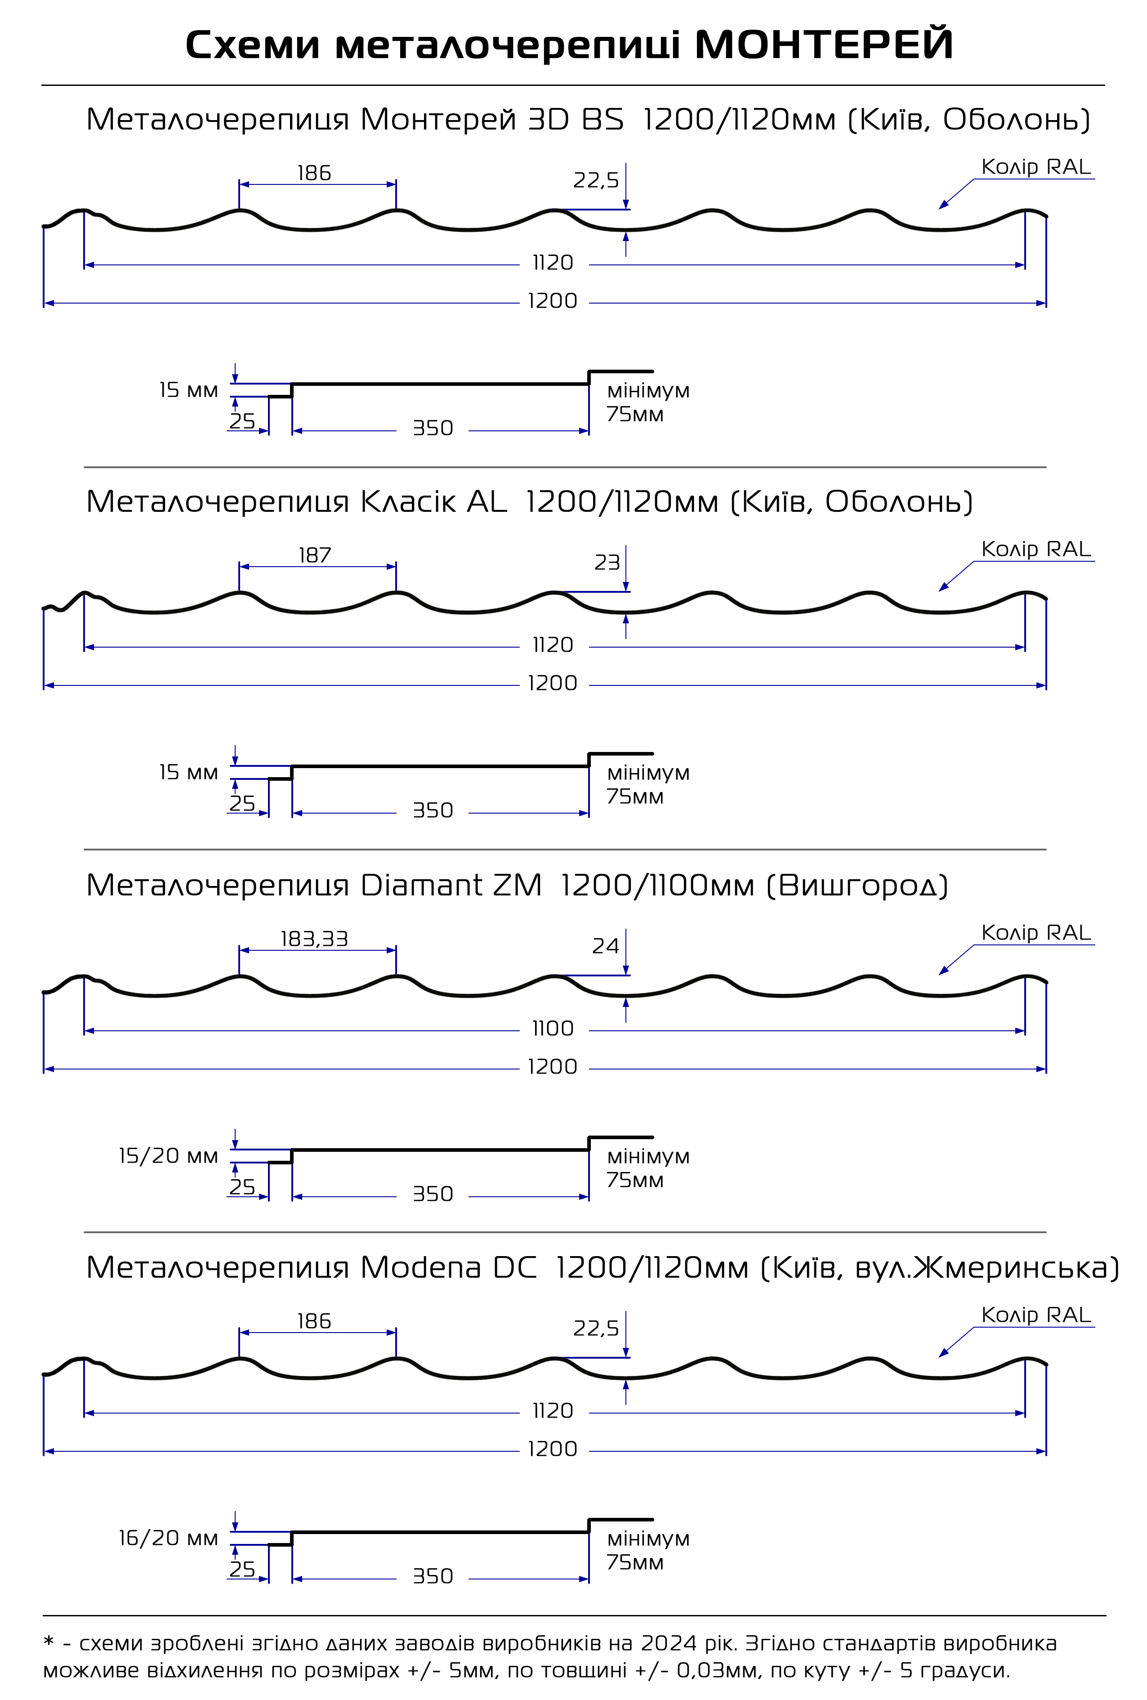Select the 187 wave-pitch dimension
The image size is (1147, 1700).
pyautogui.click(x=315, y=555)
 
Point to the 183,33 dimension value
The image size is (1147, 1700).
pyautogui.click(x=315, y=939)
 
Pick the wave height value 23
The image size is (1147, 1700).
pyautogui.click(x=607, y=563)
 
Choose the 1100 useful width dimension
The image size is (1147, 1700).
pyautogui.click(x=553, y=1029)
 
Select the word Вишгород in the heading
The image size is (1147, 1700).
pyautogui.click(x=857, y=886)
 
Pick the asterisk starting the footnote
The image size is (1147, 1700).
pyautogui.click(x=49, y=1642)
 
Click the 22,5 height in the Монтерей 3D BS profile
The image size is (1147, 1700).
pyautogui.click(x=596, y=180)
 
